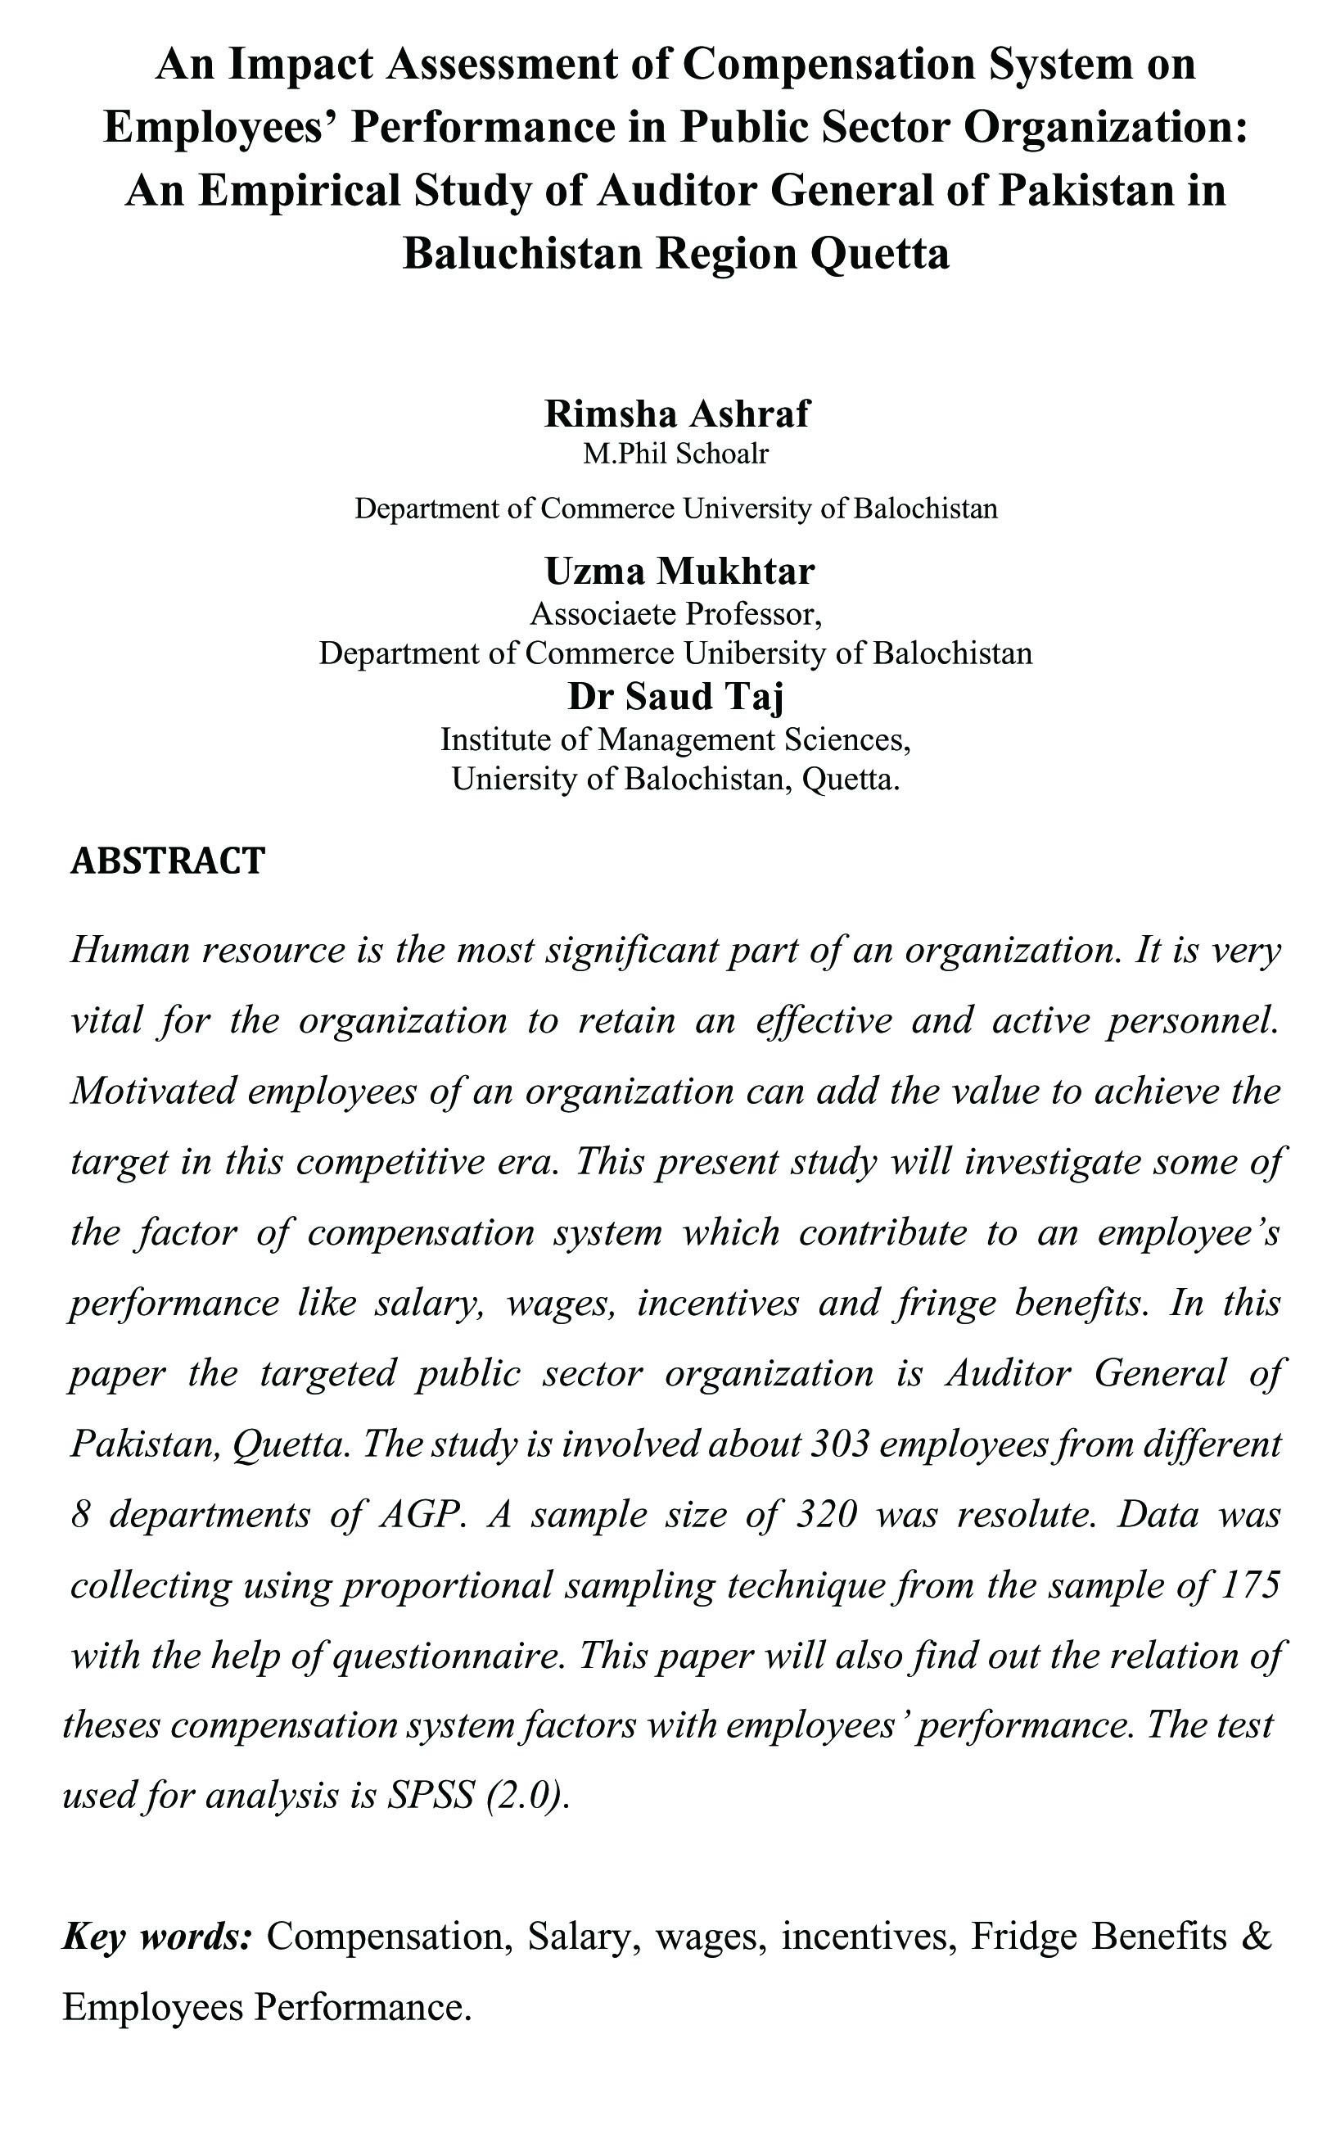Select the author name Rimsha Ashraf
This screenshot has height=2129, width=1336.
coord(676,414)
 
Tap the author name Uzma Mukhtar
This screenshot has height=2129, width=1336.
coord(679,571)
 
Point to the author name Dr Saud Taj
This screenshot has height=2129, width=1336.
coord(676,696)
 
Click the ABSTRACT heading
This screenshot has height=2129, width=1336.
coord(168,861)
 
